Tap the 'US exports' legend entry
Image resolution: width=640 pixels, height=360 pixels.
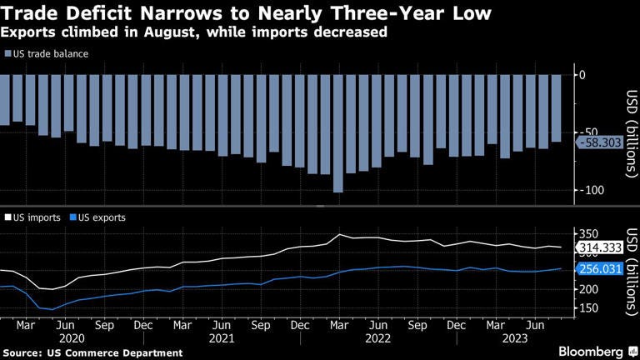(x=97, y=217)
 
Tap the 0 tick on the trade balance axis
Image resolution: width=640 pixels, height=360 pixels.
(x=582, y=75)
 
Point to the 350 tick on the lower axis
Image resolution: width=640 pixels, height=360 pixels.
(x=589, y=233)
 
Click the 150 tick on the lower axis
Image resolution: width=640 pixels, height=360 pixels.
(x=589, y=308)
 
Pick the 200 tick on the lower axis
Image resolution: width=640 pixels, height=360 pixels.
(x=589, y=288)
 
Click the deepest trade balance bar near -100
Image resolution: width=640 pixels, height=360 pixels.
(x=337, y=133)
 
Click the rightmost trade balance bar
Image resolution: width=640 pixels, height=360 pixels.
(x=556, y=108)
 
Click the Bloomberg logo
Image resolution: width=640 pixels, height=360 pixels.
(x=594, y=351)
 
